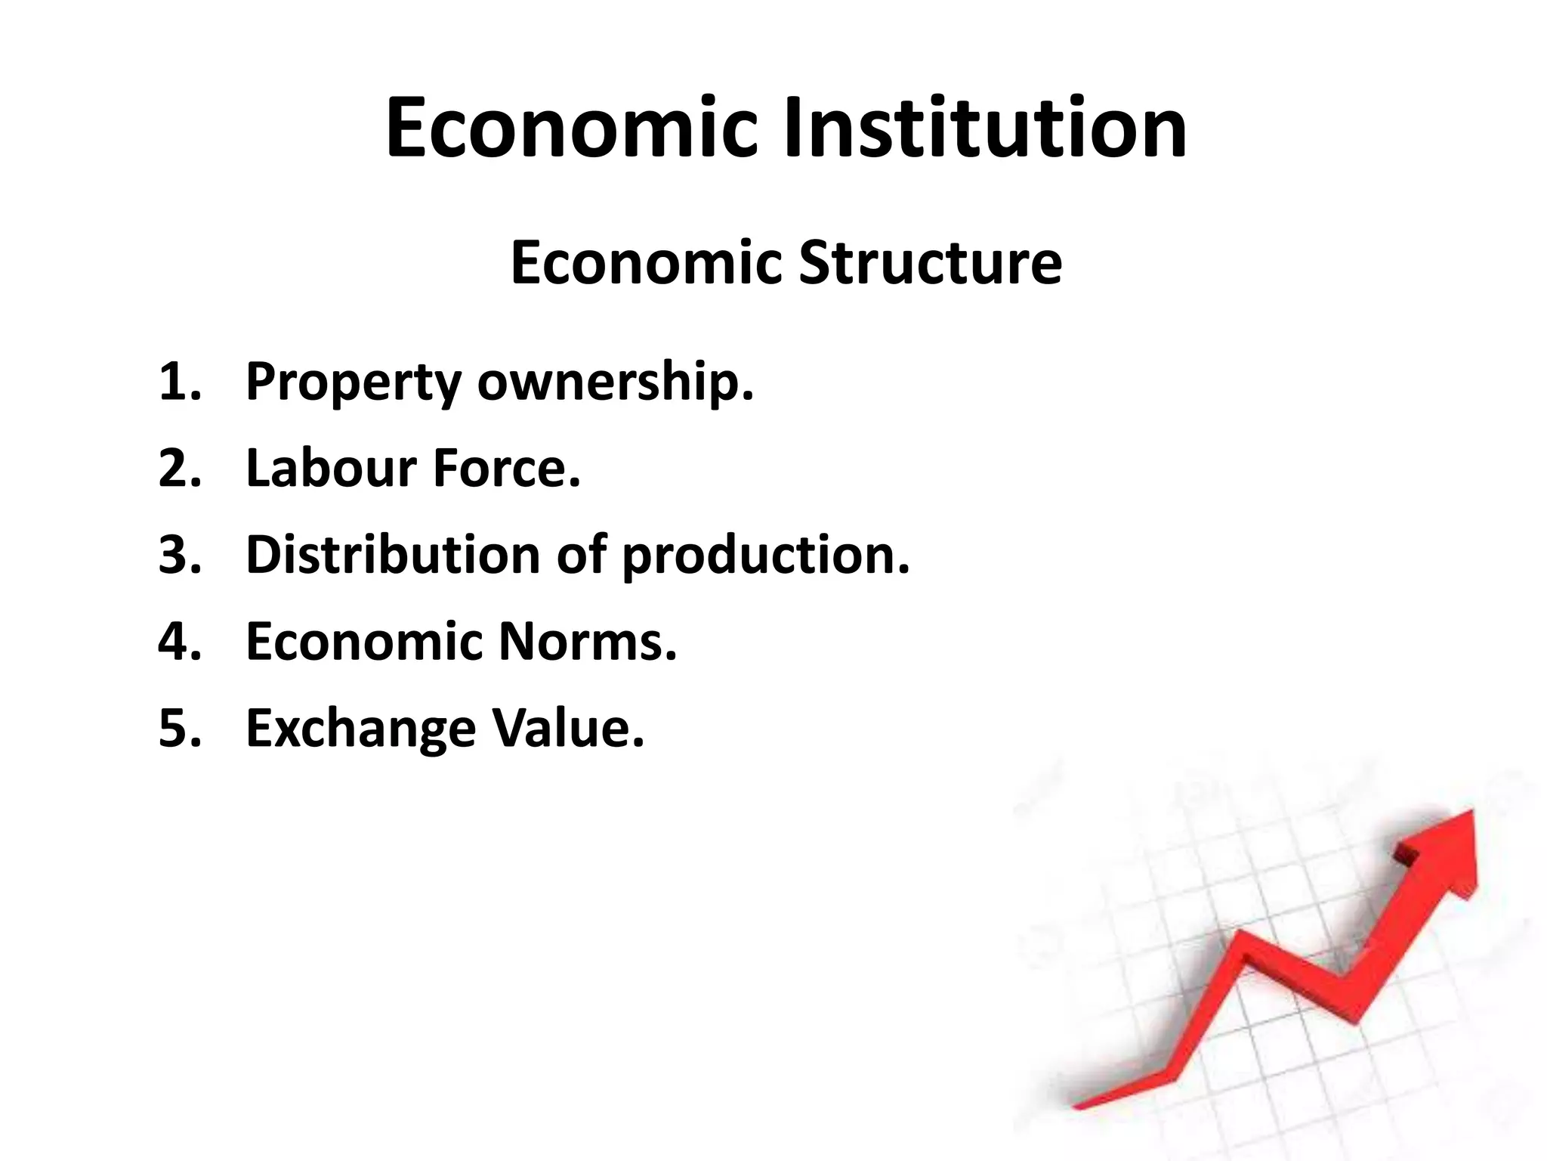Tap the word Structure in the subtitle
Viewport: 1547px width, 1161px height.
coord(930,262)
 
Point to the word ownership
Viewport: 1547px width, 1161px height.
coord(615,382)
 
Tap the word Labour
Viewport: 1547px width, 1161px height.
coord(332,468)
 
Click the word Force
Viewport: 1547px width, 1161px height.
coord(507,468)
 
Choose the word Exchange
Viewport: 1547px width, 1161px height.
coord(361,729)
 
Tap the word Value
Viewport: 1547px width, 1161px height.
coord(568,727)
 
